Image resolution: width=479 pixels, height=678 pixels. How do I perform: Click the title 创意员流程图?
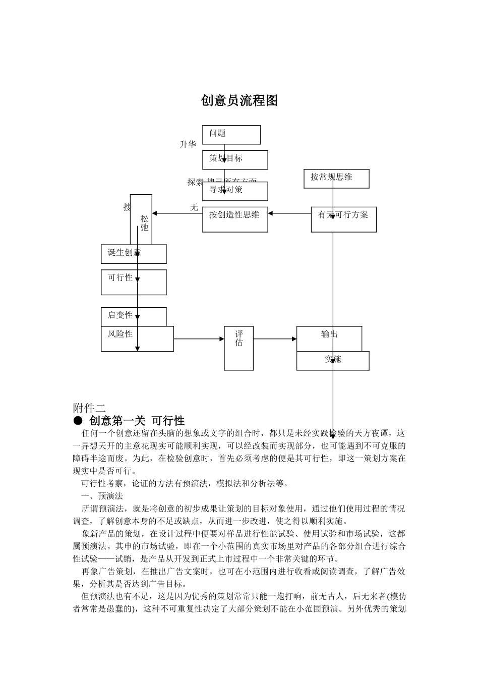[x=239, y=100]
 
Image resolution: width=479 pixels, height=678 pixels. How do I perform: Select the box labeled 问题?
[x=231, y=135]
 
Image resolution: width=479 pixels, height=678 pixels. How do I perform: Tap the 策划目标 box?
[x=235, y=159]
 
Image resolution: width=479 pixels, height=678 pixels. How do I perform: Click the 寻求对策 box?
[x=235, y=191]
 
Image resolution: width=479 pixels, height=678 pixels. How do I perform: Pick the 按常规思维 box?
[x=336, y=179]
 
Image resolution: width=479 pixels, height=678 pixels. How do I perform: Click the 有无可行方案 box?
[x=343, y=219]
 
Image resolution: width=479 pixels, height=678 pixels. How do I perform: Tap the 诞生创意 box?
[x=134, y=254]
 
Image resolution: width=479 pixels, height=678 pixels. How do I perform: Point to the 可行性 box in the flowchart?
[x=134, y=282]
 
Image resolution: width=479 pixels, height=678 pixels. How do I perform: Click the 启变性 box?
[x=134, y=316]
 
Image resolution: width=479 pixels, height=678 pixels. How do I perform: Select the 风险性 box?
[x=137, y=338]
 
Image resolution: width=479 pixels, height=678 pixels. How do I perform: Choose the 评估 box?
[x=238, y=348]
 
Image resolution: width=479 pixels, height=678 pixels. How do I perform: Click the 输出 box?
[x=329, y=338]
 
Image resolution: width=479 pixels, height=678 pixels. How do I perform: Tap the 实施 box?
[x=333, y=361]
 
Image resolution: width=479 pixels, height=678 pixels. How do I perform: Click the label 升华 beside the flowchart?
[x=188, y=145]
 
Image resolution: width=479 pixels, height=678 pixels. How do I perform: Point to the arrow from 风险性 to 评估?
[x=199, y=339]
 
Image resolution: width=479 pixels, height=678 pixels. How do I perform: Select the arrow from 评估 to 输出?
[x=275, y=339]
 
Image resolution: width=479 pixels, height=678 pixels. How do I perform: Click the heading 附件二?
[x=89, y=408]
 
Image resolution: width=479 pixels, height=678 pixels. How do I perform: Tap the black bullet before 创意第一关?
[x=78, y=420]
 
